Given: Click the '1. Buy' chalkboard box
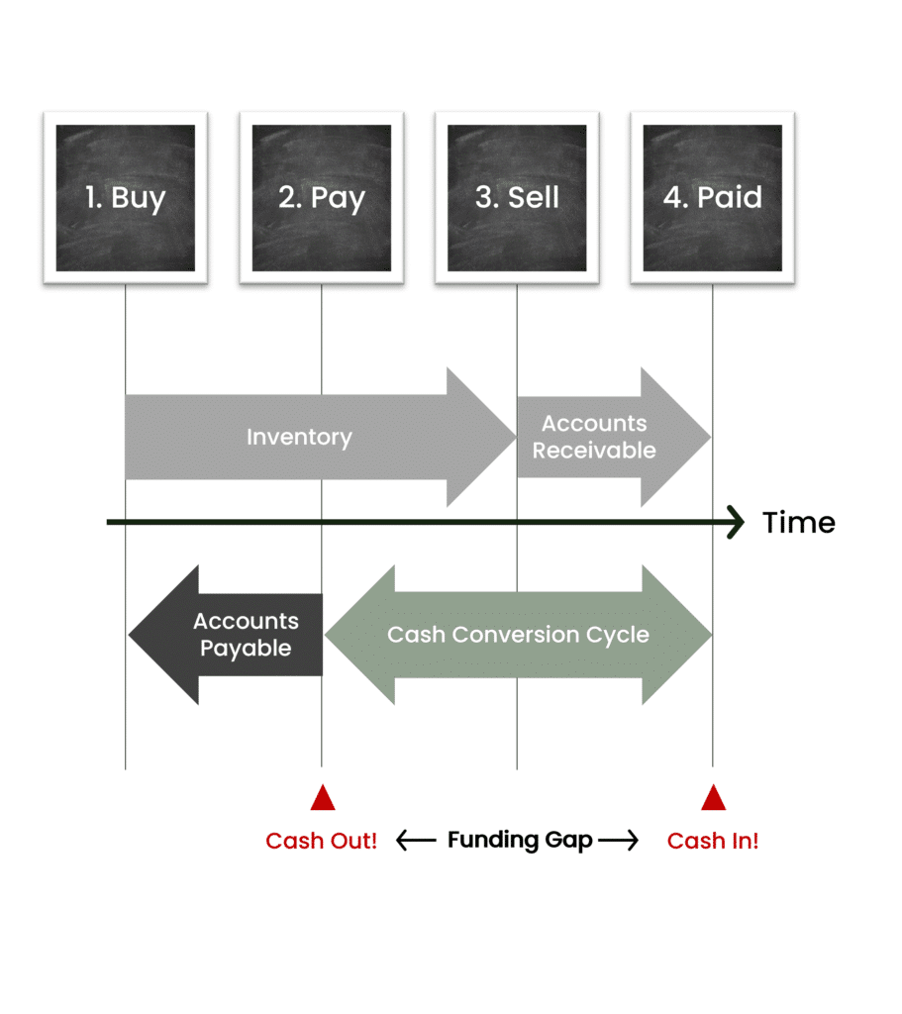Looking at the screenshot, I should (x=125, y=198).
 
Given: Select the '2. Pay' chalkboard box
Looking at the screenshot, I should (x=321, y=198).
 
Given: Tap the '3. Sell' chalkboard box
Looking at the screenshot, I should (x=517, y=198).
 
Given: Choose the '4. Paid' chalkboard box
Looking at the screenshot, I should (x=713, y=198).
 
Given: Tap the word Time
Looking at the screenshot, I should (x=798, y=523).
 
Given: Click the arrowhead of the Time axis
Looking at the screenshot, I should (x=735, y=522).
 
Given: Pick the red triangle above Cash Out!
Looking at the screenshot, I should (x=322, y=798).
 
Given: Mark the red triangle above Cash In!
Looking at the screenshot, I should (x=713, y=798).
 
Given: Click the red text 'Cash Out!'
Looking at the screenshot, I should (x=322, y=842).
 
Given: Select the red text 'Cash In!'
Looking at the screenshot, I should (x=713, y=842).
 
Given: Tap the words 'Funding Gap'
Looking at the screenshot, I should (x=520, y=841).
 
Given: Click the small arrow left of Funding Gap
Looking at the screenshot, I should (x=416, y=841).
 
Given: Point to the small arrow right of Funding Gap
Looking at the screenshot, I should (x=619, y=841).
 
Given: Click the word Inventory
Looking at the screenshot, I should (x=299, y=437).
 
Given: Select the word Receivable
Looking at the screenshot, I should (x=594, y=451).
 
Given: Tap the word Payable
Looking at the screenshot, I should (x=246, y=649).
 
